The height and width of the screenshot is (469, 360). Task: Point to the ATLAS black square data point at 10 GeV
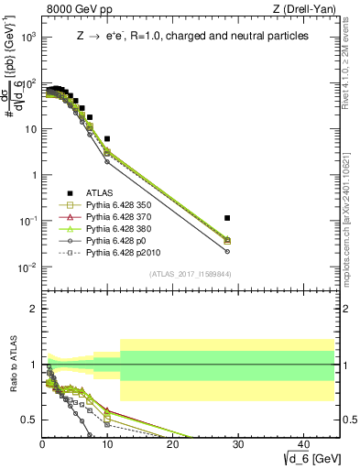click(107, 138)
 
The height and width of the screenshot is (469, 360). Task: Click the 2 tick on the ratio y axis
click(34, 309)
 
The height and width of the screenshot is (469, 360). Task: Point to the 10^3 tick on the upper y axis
click(28, 37)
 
